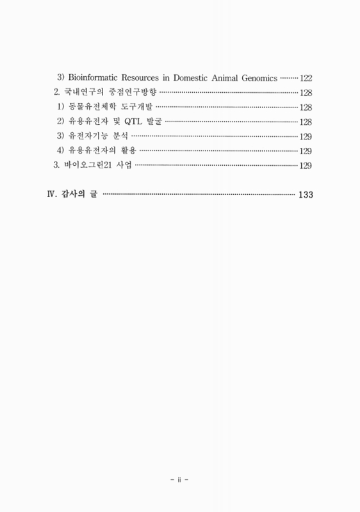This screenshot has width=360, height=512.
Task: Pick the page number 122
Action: [x=306, y=78]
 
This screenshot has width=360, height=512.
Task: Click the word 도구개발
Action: [x=136, y=108]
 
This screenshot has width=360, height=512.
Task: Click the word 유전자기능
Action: [x=88, y=136]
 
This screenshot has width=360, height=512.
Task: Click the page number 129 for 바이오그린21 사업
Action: [x=306, y=166]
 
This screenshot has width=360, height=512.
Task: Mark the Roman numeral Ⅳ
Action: [x=52, y=195]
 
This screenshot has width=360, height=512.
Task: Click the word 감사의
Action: [x=74, y=195]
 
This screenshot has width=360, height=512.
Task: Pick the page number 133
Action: [x=305, y=195]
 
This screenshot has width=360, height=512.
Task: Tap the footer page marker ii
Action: [x=180, y=477]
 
